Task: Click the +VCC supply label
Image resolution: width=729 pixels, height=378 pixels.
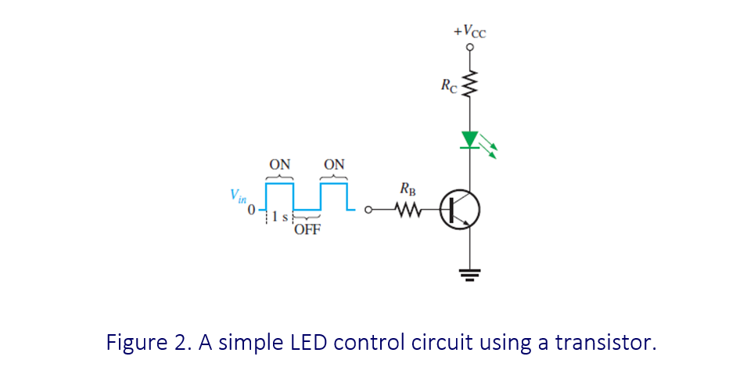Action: coord(469,31)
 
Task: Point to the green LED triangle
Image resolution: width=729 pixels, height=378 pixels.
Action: coord(469,139)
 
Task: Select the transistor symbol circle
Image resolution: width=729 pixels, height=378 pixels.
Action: coord(460,209)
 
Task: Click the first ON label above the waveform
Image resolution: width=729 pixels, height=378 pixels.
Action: coord(279,165)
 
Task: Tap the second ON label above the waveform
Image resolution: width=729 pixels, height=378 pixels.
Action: coord(334,165)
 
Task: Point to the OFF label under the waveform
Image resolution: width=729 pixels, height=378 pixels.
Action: coord(307,230)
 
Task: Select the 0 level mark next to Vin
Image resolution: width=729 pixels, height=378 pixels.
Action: coord(251,211)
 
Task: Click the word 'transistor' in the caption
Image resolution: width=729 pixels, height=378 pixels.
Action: coord(603,342)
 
